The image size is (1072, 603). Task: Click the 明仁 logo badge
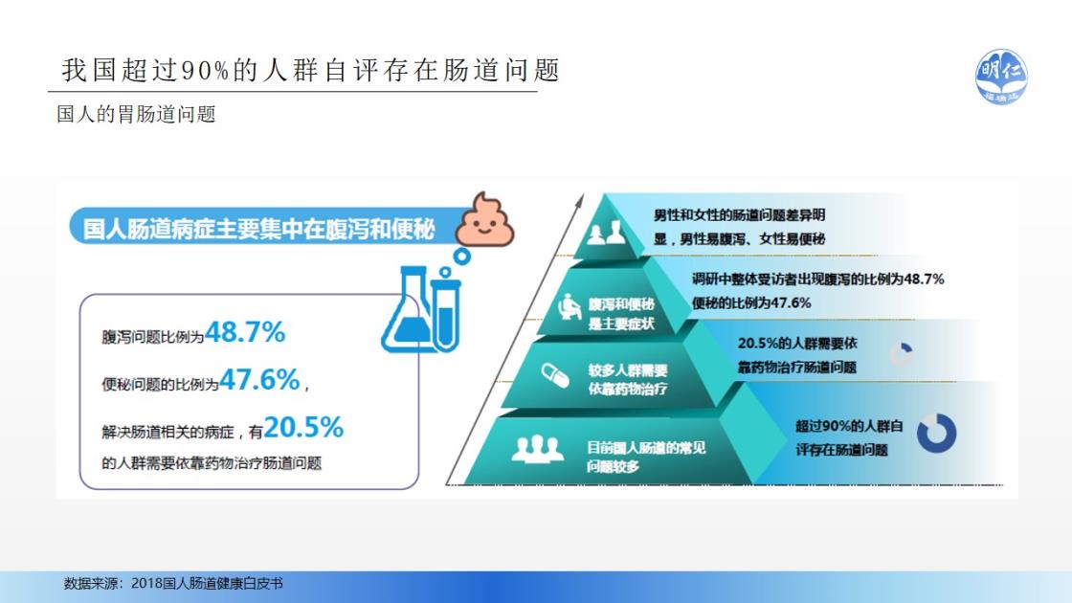(1001, 77)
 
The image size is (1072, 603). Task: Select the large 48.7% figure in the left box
(245, 332)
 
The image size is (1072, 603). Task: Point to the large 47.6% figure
(259, 379)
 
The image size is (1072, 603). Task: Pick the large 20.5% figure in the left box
(303, 427)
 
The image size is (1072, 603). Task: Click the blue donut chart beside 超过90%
(936, 432)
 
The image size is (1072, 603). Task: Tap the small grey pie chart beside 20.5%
(901, 353)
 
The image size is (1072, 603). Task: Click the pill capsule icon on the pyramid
(555, 375)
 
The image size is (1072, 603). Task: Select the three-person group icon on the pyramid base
(537, 449)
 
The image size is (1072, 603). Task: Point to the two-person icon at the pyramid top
(606, 233)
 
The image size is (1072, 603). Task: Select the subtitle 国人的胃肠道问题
(136, 114)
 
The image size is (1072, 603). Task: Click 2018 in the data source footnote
(145, 583)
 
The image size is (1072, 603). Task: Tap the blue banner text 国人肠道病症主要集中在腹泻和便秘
(258, 229)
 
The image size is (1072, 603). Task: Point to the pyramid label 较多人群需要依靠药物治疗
(628, 379)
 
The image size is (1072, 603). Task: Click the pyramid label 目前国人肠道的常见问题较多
(645, 457)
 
